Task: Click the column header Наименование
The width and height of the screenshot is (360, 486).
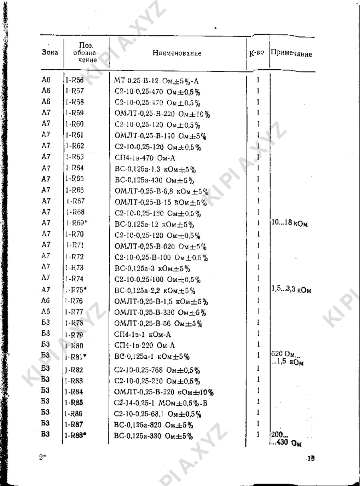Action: pyautogui.click(x=177, y=53)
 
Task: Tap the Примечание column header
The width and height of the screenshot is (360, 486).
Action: pyautogui.click(x=292, y=54)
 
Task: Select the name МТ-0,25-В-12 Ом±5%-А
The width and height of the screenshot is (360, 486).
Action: pyautogui.click(x=156, y=82)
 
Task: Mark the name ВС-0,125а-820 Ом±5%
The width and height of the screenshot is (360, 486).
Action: pyautogui.click(x=154, y=424)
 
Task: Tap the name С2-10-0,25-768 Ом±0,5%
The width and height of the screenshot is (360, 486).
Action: pyautogui.click(x=157, y=369)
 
